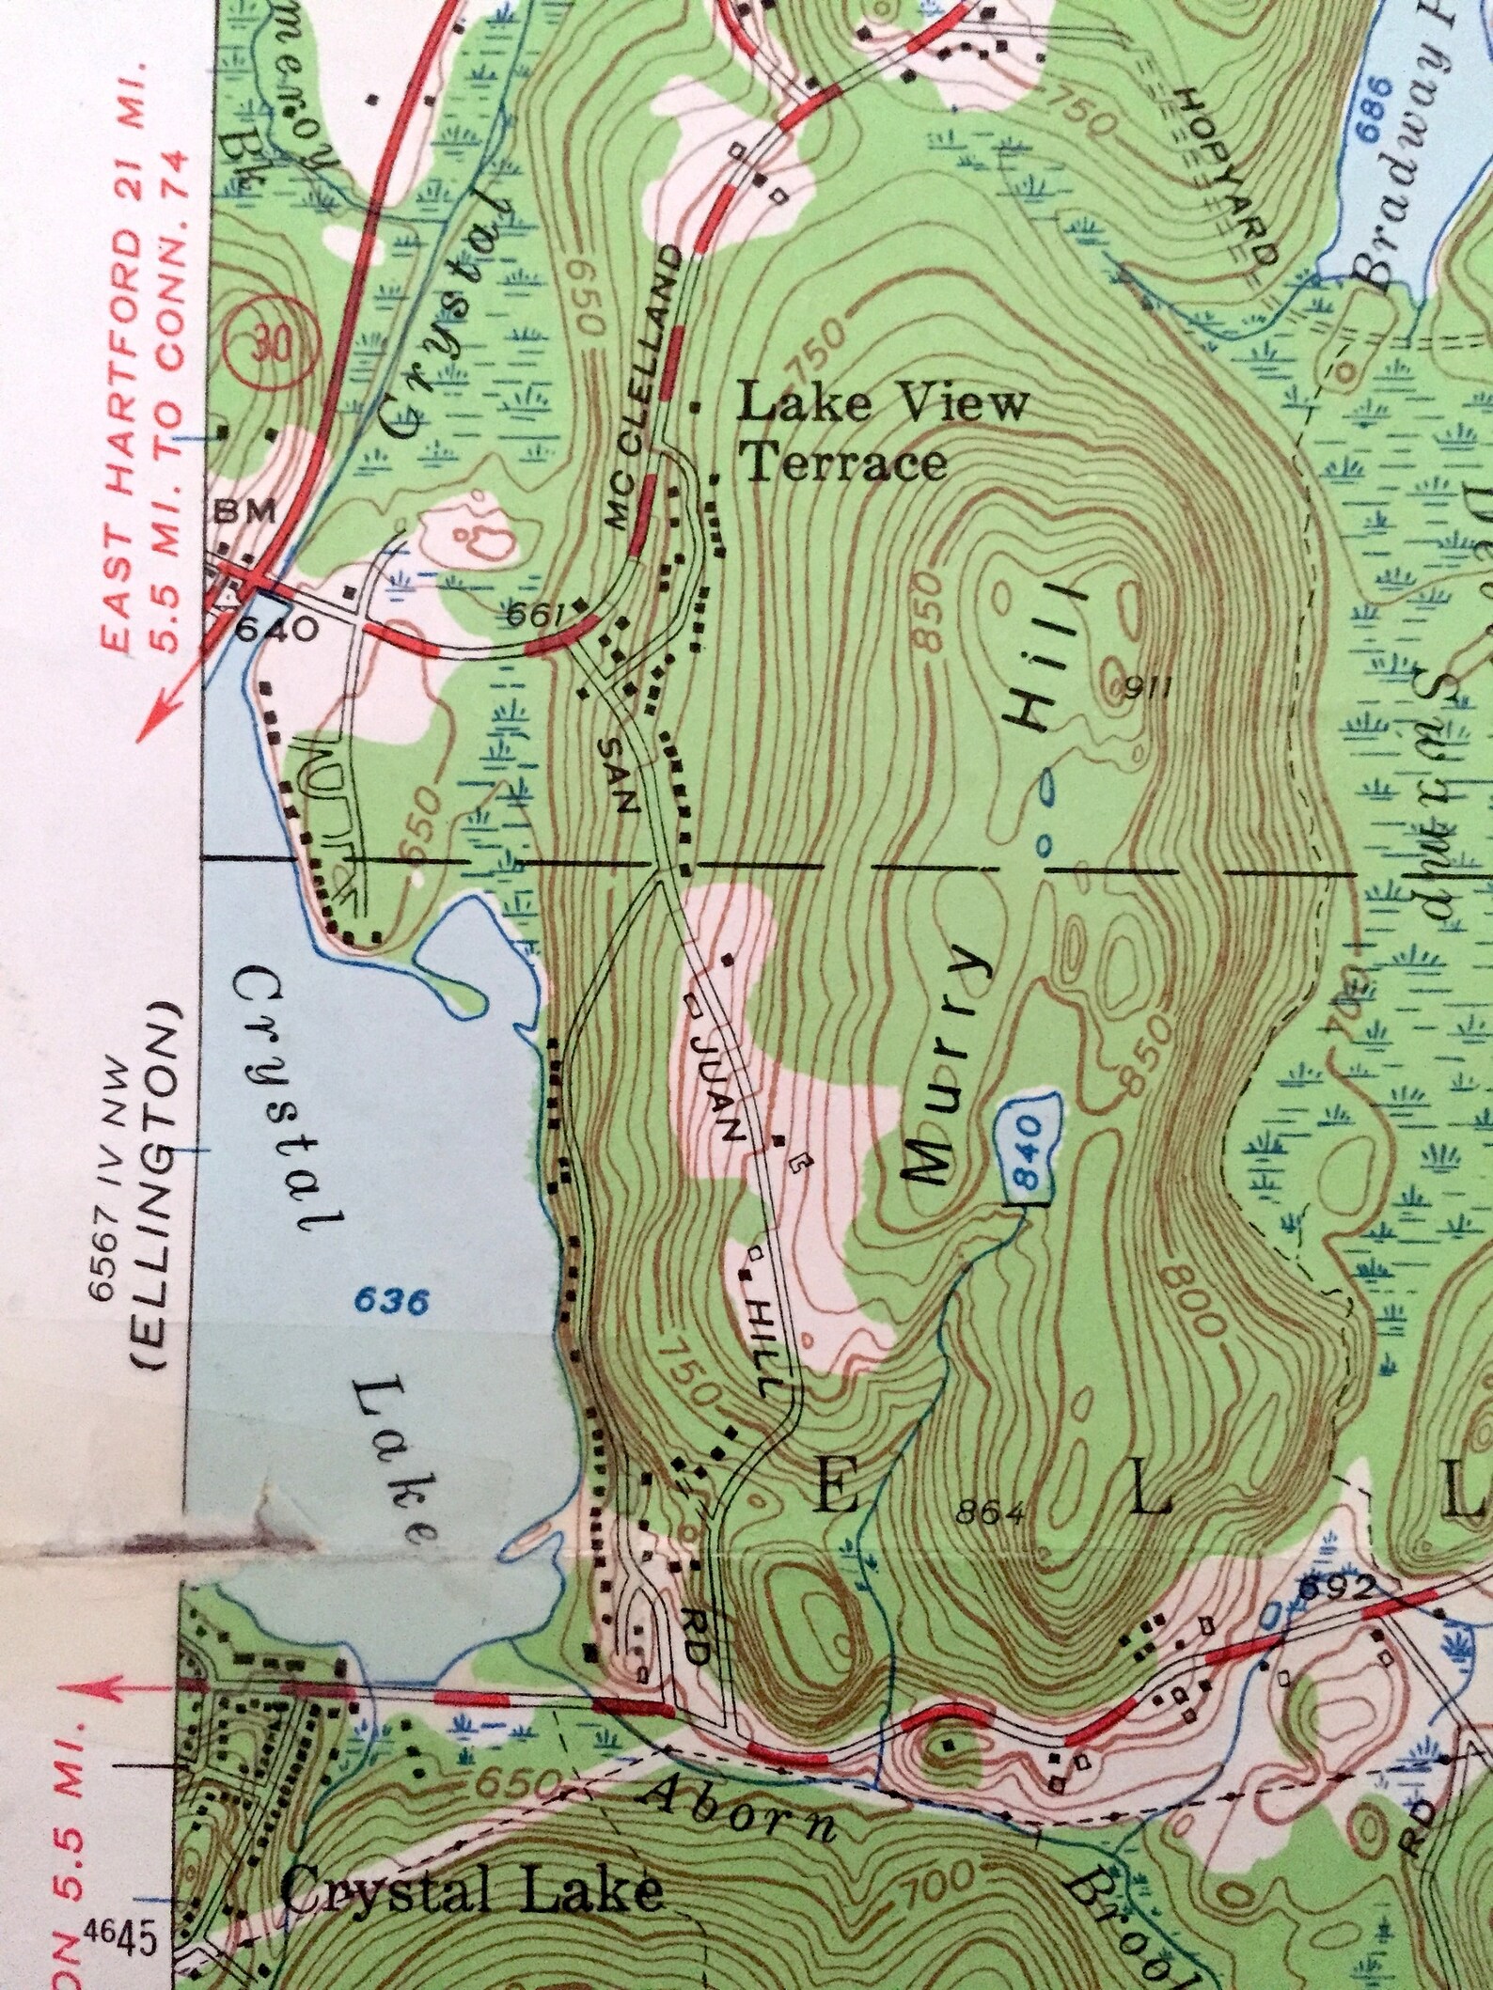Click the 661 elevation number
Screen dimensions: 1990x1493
pyautogui.click(x=534, y=616)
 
